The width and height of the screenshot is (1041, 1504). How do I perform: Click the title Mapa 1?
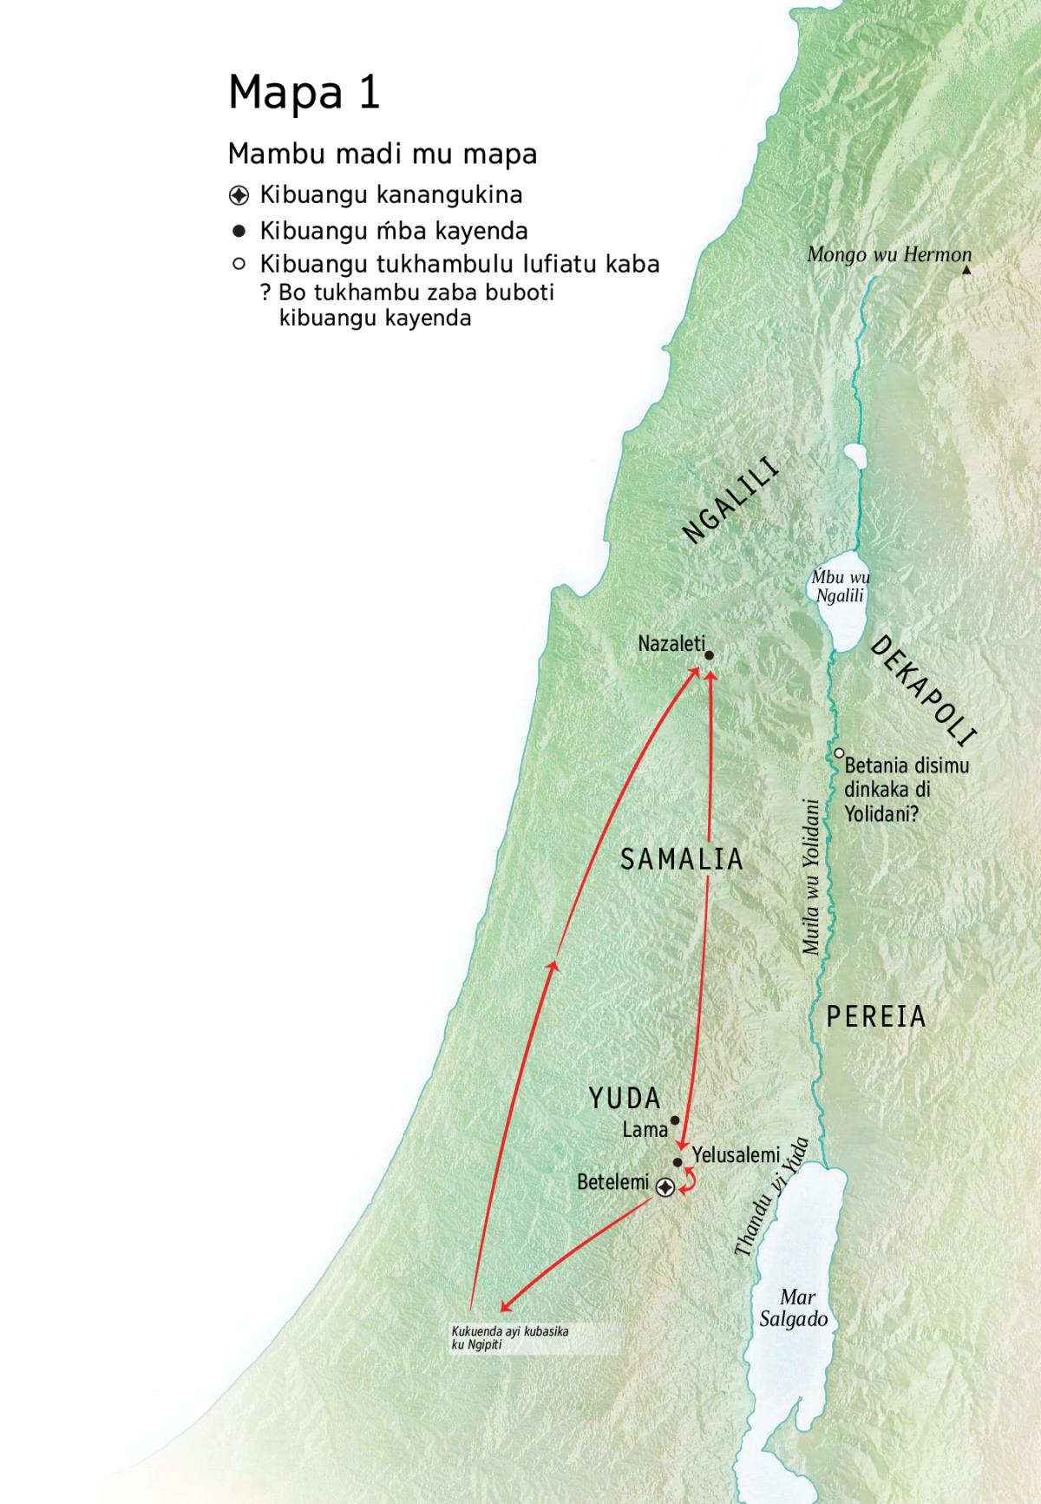coord(304,92)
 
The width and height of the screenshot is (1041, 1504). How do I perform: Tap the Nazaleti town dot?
coord(709,655)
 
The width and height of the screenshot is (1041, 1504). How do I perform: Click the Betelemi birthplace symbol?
coord(665,1187)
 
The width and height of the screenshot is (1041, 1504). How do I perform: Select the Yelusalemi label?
coord(736,1155)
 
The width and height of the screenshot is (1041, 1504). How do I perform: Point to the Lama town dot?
coord(675,1120)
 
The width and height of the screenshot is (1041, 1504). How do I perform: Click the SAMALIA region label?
coord(682,859)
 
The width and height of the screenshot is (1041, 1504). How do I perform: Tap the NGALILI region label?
coord(730,501)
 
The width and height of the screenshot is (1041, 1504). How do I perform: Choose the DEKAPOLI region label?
coord(923,692)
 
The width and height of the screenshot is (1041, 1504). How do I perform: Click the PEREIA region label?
coord(875,1016)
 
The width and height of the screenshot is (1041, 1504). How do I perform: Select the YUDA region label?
coord(625,1099)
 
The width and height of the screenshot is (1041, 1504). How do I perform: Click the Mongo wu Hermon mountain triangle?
coord(966,271)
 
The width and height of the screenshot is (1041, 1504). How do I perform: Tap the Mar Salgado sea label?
coord(795,1308)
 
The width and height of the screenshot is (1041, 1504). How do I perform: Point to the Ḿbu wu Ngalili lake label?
coord(840,587)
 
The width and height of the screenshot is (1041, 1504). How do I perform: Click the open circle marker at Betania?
coord(840,753)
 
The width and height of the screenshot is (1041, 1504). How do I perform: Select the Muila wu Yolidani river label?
coord(811,877)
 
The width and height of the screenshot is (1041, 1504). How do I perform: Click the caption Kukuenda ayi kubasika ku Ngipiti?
coord(510,1337)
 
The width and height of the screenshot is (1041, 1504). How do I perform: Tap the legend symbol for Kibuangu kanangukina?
coord(239,195)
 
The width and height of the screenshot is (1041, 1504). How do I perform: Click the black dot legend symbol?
coord(239,231)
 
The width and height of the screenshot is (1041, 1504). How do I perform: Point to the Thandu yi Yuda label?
coord(771,1197)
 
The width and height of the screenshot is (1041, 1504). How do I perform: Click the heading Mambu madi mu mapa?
coord(382,154)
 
